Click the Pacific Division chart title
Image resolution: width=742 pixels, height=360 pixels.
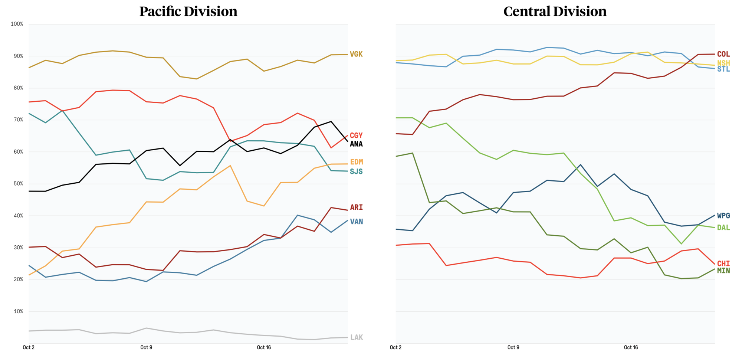(x=188, y=12)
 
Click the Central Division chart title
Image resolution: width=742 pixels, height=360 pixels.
(x=555, y=12)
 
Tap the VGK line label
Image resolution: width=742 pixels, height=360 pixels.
(x=356, y=54)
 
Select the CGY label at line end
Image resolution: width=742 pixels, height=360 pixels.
(x=356, y=135)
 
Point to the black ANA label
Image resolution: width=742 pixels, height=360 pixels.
(x=356, y=144)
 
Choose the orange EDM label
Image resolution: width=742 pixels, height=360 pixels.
(x=356, y=162)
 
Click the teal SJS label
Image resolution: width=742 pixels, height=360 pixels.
(x=356, y=171)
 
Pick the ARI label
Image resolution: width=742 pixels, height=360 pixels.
(x=356, y=207)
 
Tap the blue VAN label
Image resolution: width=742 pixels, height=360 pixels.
(x=356, y=222)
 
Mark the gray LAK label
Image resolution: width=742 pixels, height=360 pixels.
(x=356, y=337)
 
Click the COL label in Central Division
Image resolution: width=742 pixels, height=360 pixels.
(x=723, y=54)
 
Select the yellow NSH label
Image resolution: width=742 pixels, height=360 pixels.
(x=723, y=63)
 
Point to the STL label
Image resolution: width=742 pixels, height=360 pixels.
(x=723, y=69)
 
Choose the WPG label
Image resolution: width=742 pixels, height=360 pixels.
(x=723, y=216)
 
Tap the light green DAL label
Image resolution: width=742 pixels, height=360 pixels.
(x=723, y=228)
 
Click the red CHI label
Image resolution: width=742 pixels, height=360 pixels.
(x=723, y=264)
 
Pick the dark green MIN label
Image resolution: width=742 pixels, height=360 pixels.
(x=723, y=271)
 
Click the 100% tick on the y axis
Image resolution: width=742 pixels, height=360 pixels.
(x=17, y=24)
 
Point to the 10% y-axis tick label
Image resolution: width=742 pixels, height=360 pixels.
(x=19, y=311)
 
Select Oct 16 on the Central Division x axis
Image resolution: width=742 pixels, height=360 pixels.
(x=631, y=347)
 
